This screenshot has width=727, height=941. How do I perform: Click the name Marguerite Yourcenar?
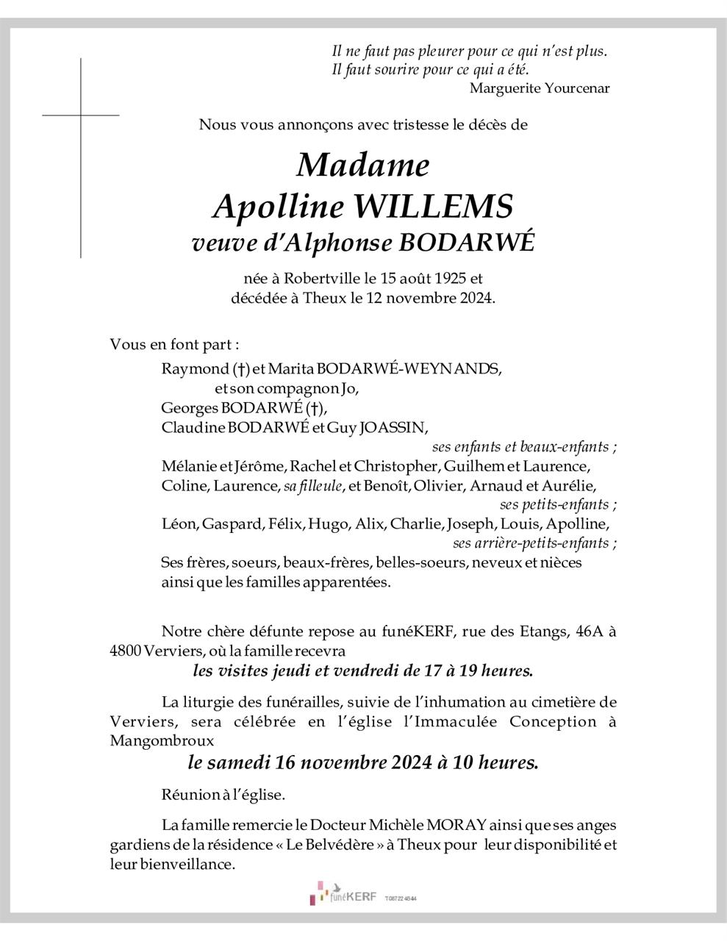540,88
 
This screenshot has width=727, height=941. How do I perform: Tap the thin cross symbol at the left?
81,115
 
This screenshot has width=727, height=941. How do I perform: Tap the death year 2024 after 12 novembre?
470,298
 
